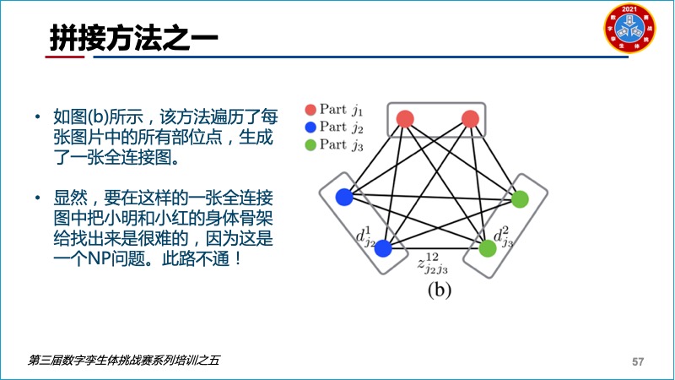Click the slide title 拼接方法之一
point(134,37)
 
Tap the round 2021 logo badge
point(629,29)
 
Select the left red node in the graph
point(405,119)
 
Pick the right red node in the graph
point(470,119)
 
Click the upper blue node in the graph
point(344,197)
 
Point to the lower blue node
point(383,248)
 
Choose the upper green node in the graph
point(520,199)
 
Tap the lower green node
point(488,248)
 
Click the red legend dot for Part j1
point(310,110)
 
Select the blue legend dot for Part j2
point(310,128)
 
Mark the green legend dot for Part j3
point(310,144)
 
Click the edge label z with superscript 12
point(432,263)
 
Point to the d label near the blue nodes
point(365,236)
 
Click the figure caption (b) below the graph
point(439,290)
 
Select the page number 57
point(638,361)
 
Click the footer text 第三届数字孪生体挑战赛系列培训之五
point(124,361)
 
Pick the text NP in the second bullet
point(99,259)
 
